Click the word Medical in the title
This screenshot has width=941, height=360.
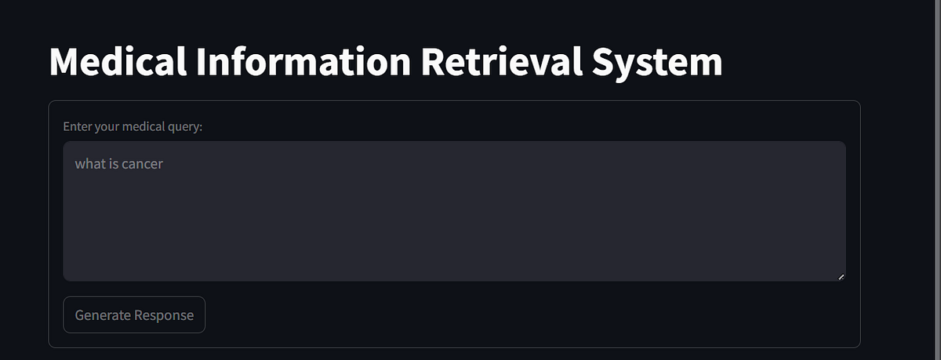118,61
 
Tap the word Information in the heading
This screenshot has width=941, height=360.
303,61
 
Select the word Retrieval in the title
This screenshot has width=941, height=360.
502,61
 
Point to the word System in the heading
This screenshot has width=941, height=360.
657,63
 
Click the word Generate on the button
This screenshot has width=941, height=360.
103,315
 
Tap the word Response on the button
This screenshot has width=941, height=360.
164,315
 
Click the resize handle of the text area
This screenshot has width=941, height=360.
841,277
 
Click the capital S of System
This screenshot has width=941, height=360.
603,61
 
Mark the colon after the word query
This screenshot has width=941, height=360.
201,128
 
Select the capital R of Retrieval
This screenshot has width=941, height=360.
433,61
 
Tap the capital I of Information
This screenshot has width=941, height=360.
201,61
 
